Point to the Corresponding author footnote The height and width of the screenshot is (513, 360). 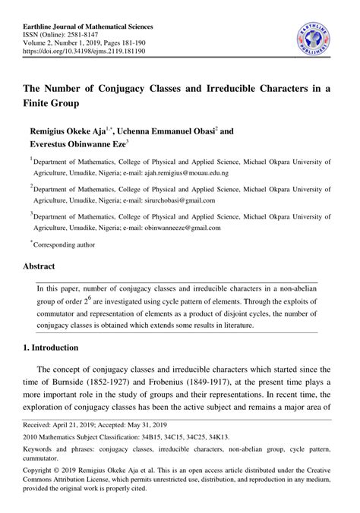[x=65, y=245]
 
